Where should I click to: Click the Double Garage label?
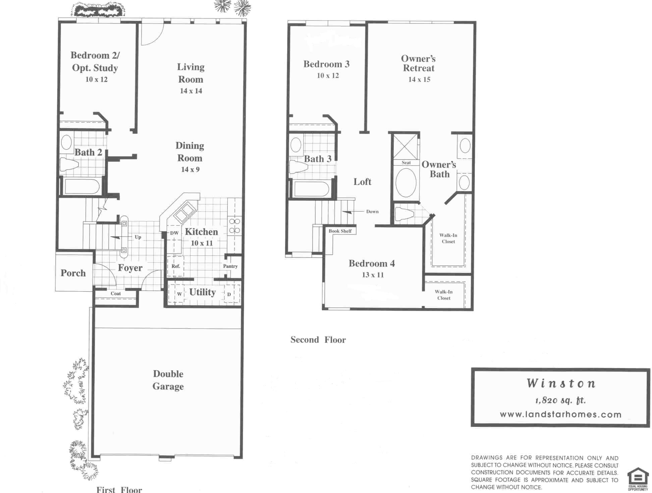click(168, 380)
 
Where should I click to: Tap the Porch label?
click(73, 273)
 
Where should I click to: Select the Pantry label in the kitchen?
click(230, 266)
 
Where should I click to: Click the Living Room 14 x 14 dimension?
click(191, 91)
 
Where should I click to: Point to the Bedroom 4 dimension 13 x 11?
click(373, 275)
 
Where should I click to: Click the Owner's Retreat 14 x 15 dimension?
click(419, 79)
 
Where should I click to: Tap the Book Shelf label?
click(340, 231)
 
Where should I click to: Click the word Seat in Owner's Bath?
click(406, 163)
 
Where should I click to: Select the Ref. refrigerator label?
click(176, 266)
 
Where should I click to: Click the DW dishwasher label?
click(174, 233)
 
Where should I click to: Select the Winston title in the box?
click(561, 383)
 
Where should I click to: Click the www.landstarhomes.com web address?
click(560, 415)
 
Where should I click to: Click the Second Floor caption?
click(318, 340)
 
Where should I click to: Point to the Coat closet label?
click(116, 294)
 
